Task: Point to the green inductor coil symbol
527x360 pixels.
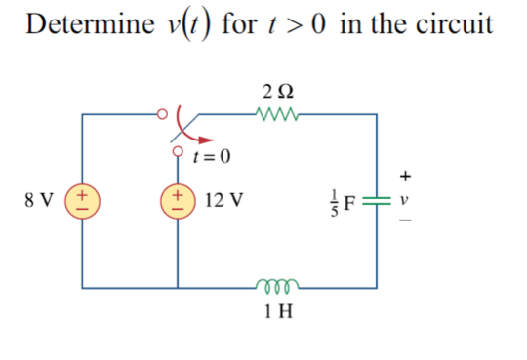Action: [x=277, y=286]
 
